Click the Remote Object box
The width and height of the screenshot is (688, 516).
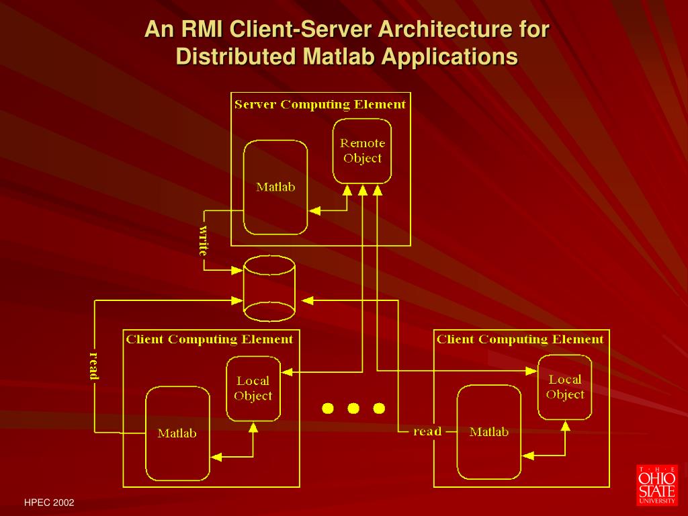363,151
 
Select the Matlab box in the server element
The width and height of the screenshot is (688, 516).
275,187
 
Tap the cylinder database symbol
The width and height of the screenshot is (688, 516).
269,288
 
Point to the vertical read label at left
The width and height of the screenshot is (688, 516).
94,365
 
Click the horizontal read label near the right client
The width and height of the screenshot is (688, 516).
427,431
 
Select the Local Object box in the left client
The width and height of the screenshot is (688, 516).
253,388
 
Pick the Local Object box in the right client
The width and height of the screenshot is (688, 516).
565,387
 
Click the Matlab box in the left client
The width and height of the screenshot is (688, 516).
177,433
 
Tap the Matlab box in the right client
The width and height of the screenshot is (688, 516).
488,432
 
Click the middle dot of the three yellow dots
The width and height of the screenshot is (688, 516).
353,408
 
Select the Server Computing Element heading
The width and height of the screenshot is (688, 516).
320,105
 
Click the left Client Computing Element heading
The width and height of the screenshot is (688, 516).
210,339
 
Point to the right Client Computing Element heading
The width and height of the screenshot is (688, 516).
520,339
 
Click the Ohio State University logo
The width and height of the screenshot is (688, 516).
657,484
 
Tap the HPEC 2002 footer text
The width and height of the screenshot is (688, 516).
49,503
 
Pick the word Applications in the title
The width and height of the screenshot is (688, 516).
450,56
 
